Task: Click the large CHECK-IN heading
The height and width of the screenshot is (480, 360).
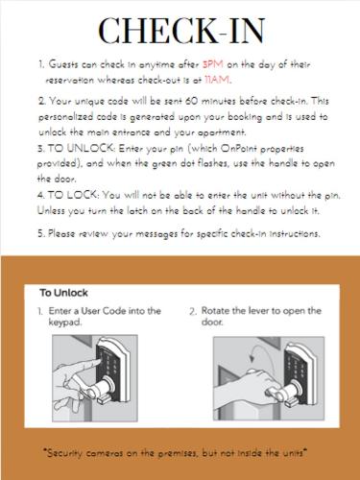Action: tap(181, 31)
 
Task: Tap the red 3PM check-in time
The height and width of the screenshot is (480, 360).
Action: tap(213, 64)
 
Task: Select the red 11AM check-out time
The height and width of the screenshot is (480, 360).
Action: tap(217, 80)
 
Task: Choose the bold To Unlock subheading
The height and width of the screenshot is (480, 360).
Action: tap(63, 293)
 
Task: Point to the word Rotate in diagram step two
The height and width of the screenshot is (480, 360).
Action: tap(214, 310)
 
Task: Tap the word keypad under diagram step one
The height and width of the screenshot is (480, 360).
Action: tap(65, 323)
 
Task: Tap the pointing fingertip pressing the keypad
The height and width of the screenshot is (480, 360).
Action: tap(96, 361)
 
